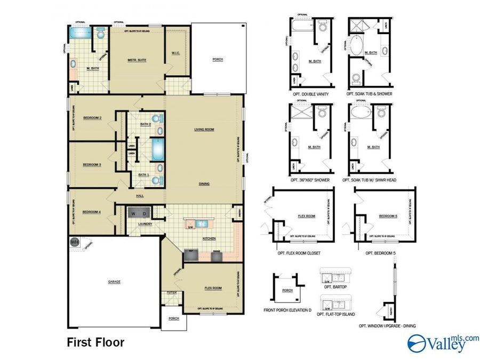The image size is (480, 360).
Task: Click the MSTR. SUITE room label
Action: tap(137, 60)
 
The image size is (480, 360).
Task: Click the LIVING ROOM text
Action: tap(204, 129)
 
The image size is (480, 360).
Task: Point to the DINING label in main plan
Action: tap(204, 184)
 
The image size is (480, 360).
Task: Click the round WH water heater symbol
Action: tap(74, 242)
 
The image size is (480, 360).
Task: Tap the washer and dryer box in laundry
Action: tap(139, 213)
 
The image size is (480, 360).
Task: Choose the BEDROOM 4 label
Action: tap(92, 212)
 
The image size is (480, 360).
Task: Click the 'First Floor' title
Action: tap(95, 342)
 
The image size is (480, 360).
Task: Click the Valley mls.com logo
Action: tap(443, 343)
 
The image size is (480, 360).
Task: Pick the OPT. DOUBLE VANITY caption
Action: tap(310, 94)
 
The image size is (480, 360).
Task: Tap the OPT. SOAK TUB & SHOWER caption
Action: tap(369, 94)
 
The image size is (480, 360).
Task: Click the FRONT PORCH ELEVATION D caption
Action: tap(287, 310)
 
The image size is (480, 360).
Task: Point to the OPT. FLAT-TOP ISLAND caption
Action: tap(336, 314)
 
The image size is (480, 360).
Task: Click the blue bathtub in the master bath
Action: tap(81, 33)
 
